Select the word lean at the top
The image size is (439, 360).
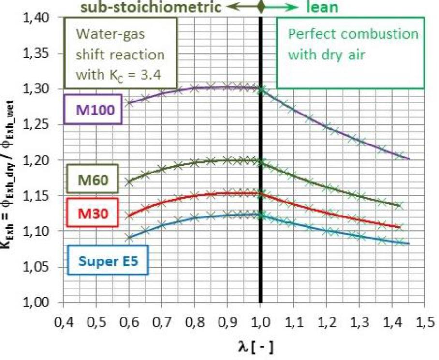[322, 7]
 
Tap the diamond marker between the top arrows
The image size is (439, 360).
[261, 7]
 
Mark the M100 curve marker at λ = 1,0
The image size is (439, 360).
[261, 89]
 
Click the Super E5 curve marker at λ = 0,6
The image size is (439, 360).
[129, 238]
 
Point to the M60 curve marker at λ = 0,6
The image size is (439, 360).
[129, 182]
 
